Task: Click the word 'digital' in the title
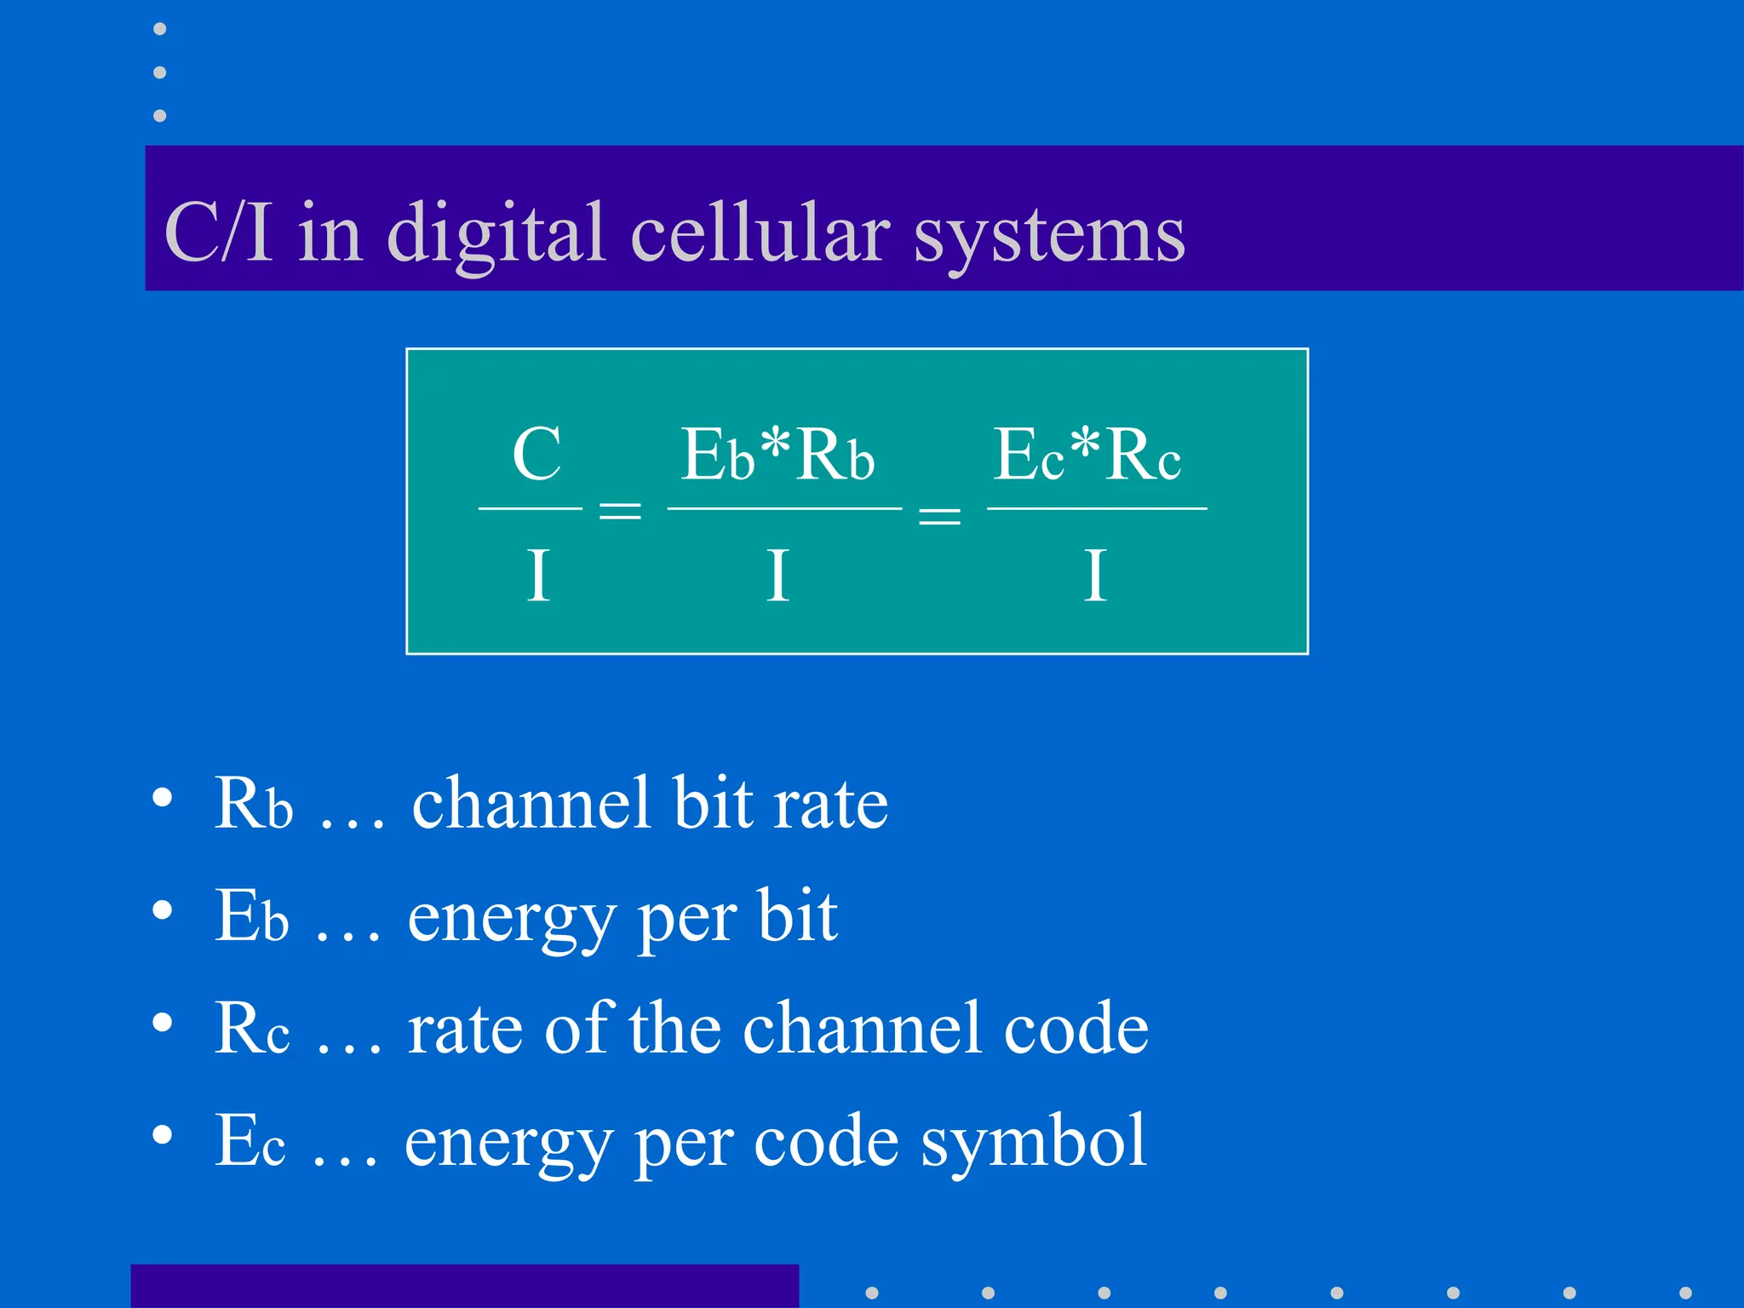tap(497, 232)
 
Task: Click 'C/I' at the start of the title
tap(219, 232)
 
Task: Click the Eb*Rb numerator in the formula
tap(777, 456)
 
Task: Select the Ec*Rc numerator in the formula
tap(1087, 456)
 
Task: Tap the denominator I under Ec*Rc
tap(1095, 577)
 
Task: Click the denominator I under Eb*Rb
tap(777, 577)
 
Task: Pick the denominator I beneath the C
tap(536, 577)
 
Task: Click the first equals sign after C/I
tap(620, 511)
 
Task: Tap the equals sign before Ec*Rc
tap(939, 514)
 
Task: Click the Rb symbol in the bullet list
tap(253, 803)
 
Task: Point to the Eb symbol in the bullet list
tap(251, 916)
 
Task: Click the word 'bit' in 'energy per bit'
tap(797, 916)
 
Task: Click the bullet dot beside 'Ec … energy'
tap(162, 1134)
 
